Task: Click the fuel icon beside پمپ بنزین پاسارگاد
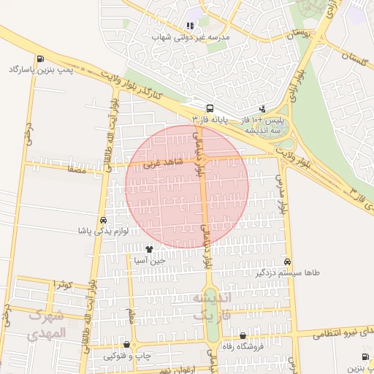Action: click(x=39, y=59)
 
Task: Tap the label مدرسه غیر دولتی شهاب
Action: click(x=190, y=36)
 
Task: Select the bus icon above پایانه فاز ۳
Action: click(x=210, y=107)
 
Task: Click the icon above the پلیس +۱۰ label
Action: click(x=263, y=108)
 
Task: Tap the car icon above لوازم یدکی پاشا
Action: click(x=103, y=220)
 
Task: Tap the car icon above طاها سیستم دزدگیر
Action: click(x=288, y=262)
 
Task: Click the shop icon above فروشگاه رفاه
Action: click(x=243, y=335)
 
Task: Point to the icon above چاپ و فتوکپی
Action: click(x=127, y=345)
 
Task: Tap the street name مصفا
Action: click(x=77, y=169)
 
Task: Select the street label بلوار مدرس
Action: click(x=280, y=194)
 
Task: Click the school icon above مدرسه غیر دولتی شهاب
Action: click(x=190, y=25)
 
